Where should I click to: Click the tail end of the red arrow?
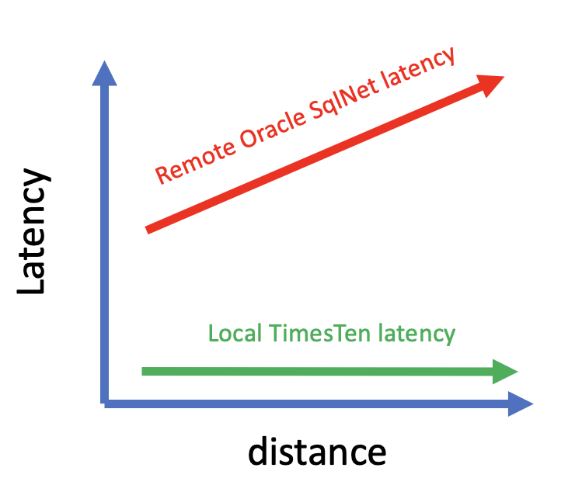[149, 230]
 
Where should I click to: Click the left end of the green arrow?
[145, 371]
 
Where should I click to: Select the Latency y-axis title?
[33, 233]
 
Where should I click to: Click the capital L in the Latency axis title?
[33, 281]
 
